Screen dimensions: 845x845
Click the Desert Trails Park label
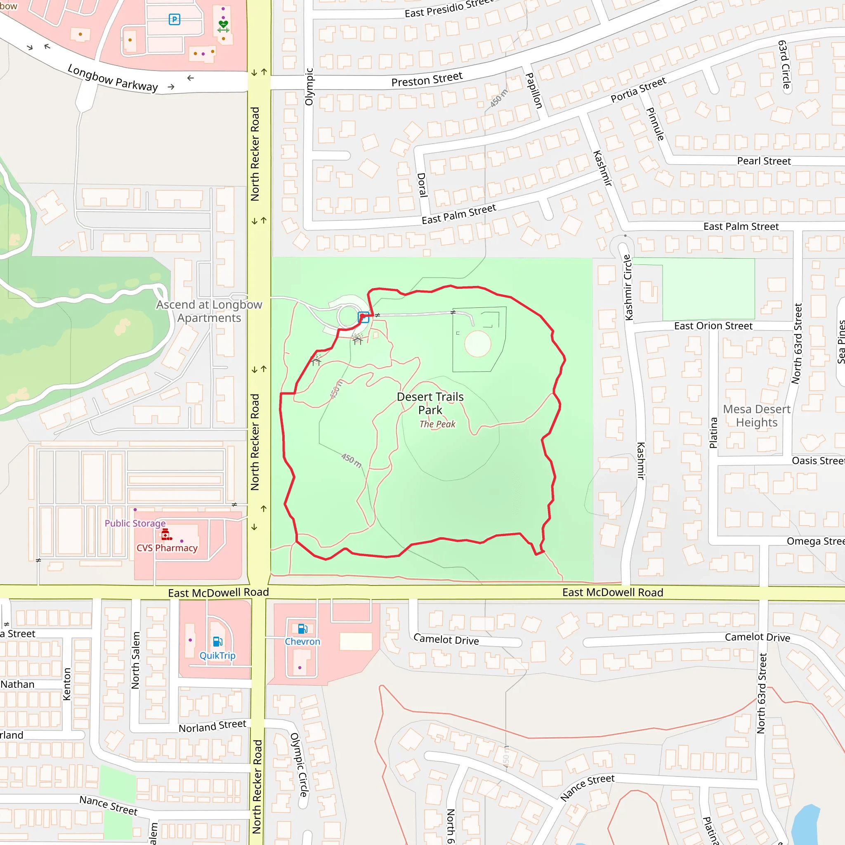pos(430,403)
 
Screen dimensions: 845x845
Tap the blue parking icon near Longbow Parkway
pos(174,19)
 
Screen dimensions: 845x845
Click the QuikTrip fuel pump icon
pos(217,641)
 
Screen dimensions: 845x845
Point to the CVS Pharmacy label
pos(167,548)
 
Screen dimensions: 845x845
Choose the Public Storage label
pos(135,523)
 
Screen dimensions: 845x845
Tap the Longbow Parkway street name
pos(112,78)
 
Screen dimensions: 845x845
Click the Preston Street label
pos(427,80)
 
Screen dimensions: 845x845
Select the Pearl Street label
pos(764,161)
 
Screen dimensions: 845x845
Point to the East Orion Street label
pos(713,326)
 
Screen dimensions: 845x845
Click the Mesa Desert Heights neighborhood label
pos(757,415)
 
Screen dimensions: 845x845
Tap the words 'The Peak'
pos(437,424)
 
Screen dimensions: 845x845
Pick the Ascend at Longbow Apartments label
pos(209,311)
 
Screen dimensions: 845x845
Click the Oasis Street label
pos(817,460)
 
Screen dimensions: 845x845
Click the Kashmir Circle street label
pos(628,287)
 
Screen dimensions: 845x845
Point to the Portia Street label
pos(638,90)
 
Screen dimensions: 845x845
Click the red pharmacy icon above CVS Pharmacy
pos(166,534)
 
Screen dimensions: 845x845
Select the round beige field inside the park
pos(478,344)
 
